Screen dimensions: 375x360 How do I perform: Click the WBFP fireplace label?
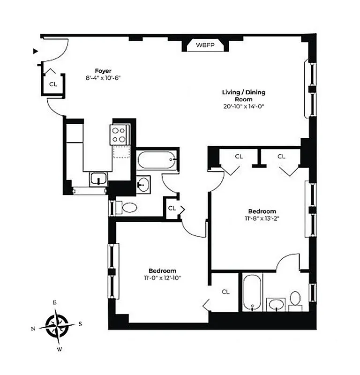point(205,46)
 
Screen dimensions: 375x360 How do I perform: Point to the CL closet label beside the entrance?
point(53,84)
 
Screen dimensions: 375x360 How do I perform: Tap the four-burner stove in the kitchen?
point(120,135)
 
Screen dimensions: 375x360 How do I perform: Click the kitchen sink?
point(98,179)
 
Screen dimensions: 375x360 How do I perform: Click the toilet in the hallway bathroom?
point(127,207)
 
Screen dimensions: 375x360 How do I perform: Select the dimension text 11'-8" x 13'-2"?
point(262,218)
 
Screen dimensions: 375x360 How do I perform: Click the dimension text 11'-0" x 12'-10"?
point(162,277)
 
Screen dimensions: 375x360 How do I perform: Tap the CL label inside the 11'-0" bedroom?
point(225,292)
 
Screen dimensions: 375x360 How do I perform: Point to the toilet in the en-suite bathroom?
point(295,299)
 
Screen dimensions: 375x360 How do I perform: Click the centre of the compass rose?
point(57,325)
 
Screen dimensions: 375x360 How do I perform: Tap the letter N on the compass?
point(33,329)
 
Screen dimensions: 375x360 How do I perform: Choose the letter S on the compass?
point(80,323)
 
